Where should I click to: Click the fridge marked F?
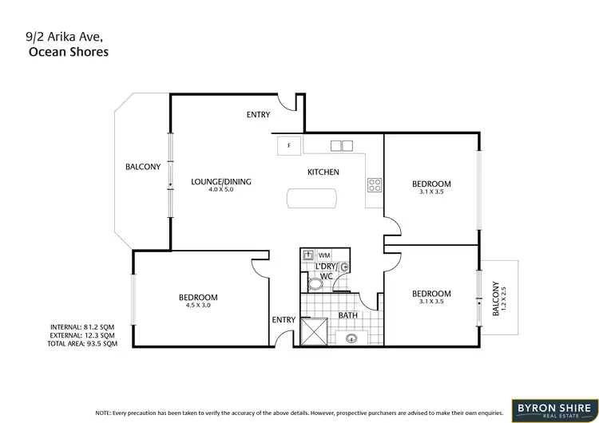point(288,146)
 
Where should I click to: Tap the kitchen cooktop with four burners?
point(375,185)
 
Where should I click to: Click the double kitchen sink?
point(341,146)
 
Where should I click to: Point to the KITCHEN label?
point(324,172)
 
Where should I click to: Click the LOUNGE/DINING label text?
point(221,182)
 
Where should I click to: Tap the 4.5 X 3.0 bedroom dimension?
point(198,306)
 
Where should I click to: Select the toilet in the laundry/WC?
point(316,283)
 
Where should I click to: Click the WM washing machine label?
point(323,255)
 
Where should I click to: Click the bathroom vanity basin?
point(351,337)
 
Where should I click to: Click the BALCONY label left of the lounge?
point(143,167)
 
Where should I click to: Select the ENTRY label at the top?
point(258,115)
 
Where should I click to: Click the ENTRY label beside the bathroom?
point(284,320)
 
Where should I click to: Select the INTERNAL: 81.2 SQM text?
point(82,327)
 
